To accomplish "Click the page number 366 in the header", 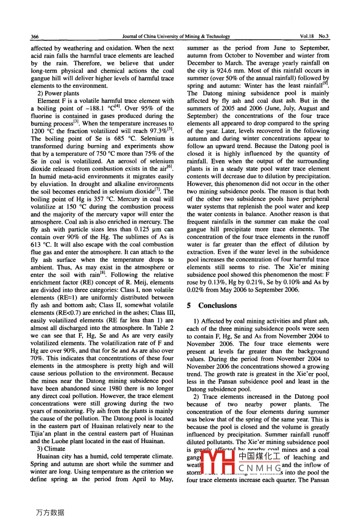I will pyautogui.click(x=35, y=37).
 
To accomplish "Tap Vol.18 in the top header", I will pyautogui.click(x=307, y=36).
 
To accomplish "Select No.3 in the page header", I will pyautogui.click(x=324, y=36).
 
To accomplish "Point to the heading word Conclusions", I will pyautogui.click(x=217, y=306).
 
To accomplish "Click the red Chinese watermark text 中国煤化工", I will pyautogui.click(x=259, y=457).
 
